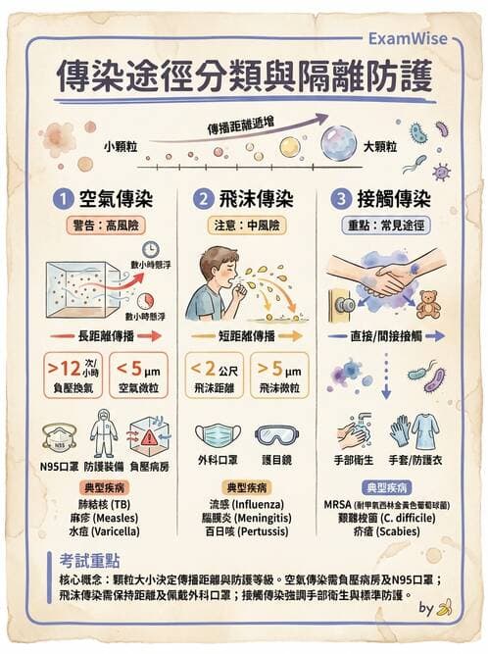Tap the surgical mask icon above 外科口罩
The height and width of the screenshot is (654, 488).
point(218,435)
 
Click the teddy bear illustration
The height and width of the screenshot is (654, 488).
point(428,303)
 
